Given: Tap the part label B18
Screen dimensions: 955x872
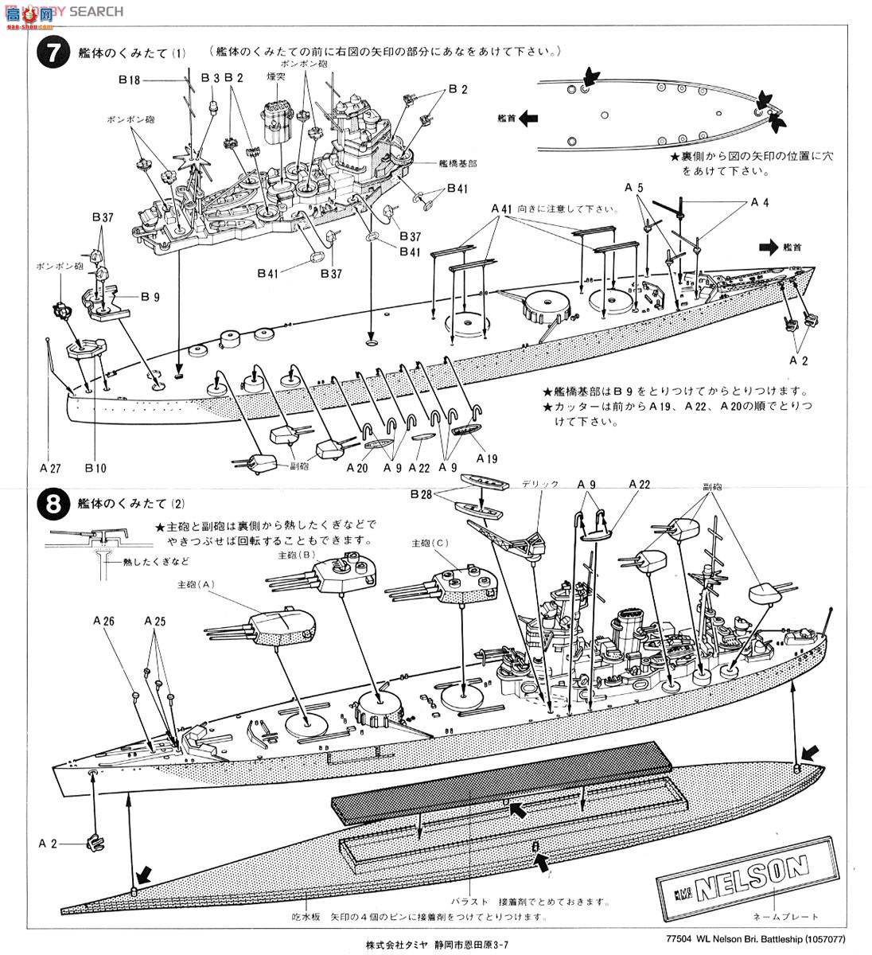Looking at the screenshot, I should [130, 79].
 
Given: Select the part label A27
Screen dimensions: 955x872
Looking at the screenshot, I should [49, 468].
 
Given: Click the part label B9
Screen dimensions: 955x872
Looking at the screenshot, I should [150, 297].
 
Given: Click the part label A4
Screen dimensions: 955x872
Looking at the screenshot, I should [760, 202].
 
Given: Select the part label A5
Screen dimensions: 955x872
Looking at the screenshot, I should [633, 187].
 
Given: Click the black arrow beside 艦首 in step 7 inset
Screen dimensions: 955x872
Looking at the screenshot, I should [527, 117].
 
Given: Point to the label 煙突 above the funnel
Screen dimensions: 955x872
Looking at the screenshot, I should [275, 76].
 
